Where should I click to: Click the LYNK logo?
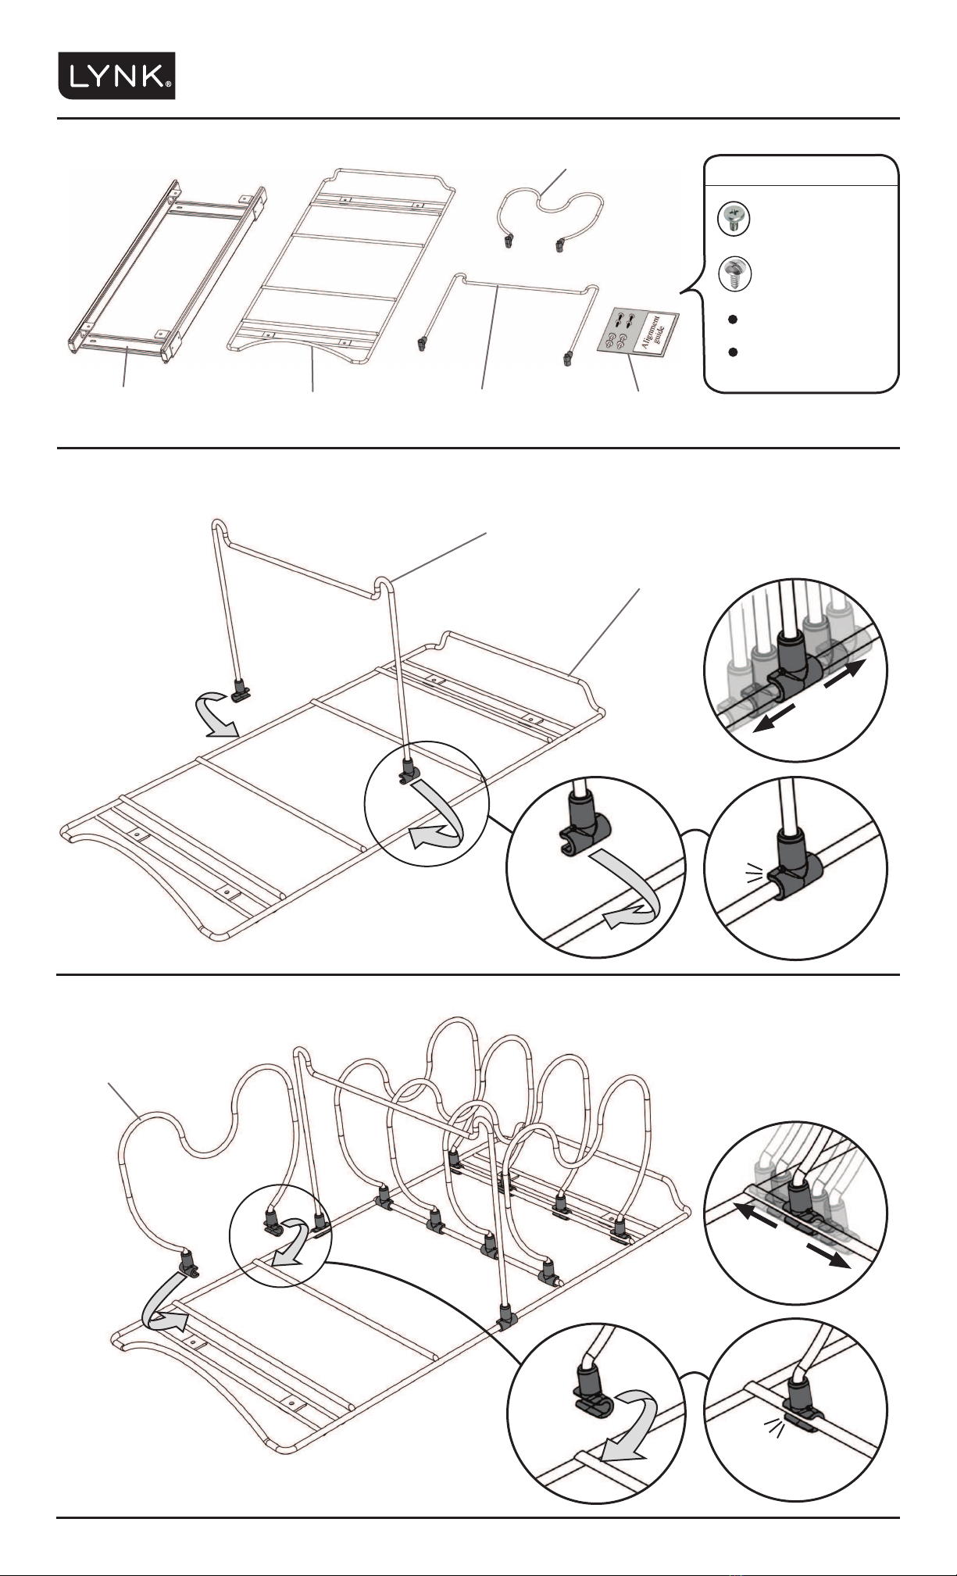point(116,76)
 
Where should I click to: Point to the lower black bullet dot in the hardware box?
point(733,352)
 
